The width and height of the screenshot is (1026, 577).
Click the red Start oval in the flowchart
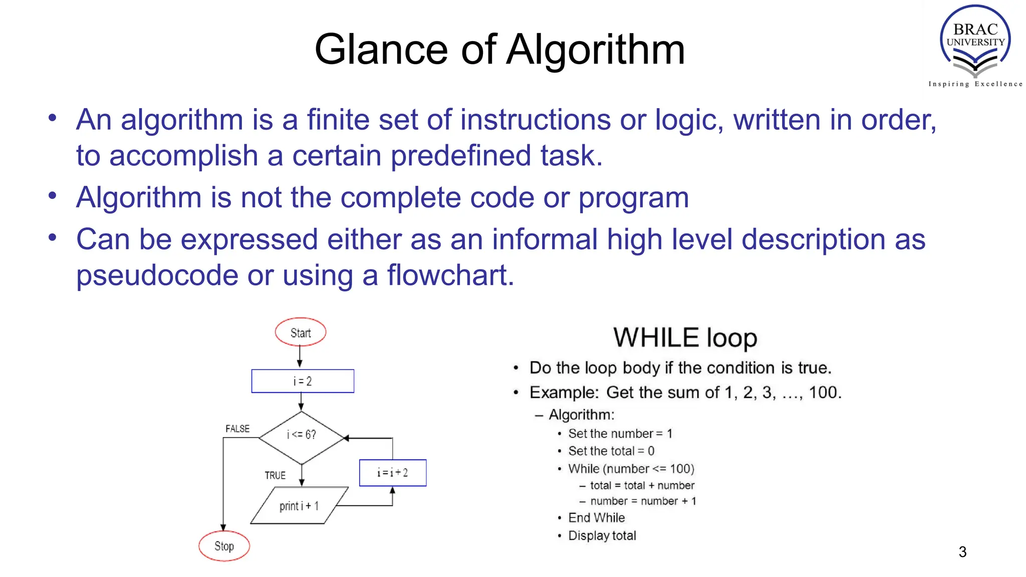(301, 333)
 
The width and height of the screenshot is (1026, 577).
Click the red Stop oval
(224, 546)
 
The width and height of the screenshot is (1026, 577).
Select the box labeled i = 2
(303, 381)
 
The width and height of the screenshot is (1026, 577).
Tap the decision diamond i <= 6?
(302, 435)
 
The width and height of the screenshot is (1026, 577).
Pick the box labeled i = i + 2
(393, 473)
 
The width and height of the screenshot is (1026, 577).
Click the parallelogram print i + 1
(299, 506)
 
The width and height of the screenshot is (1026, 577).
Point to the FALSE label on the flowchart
(237, 429)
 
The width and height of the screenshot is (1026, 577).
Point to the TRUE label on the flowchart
(275, 475)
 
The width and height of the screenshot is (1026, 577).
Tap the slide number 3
(962, 552)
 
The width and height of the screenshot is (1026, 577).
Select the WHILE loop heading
(685, 338)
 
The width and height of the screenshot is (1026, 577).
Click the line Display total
(602, 535)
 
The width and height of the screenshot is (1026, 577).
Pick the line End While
(596, 517)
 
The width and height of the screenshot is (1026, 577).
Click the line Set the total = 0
(611, 451)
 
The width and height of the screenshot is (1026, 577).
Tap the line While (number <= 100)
(631, 469)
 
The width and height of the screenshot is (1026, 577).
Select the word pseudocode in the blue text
(157, 275)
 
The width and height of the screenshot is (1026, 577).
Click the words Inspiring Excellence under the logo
(975, 84)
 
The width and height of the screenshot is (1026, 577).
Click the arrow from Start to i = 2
(300, 357)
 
